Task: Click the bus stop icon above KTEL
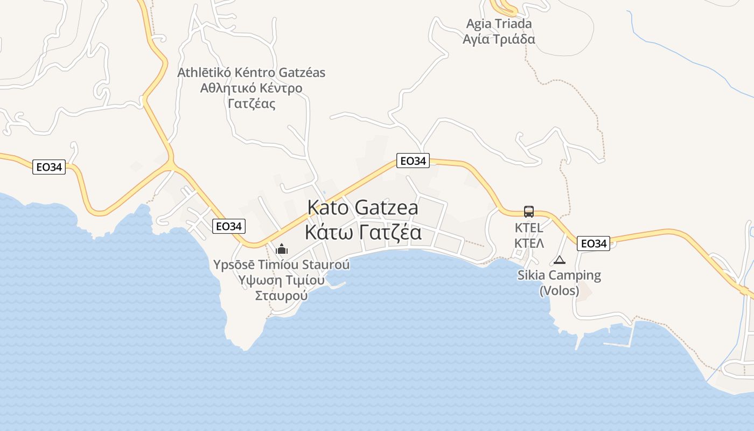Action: tap(528, 211)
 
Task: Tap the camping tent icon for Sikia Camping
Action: tap(560, 260)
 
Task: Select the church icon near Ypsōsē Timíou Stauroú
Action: tap(282, 249)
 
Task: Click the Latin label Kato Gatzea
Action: tap(362, 208)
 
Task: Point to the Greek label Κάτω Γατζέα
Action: tap(362, 233)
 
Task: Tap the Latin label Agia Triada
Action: tap(499, 24)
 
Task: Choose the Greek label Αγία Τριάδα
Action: tap(499, 39)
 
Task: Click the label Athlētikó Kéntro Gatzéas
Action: tap(252, 72)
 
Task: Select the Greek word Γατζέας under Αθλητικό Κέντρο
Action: tap(252, 103)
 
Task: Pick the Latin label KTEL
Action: tap(529, 227)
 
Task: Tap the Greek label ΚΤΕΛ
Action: tap(529, 244)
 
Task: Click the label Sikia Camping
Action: tap(559, 275)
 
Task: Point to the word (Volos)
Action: tap(559, 291)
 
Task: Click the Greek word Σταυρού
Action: tap(281, 295)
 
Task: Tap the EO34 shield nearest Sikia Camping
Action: tap(594, 244)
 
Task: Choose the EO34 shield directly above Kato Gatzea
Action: tap(413, 161)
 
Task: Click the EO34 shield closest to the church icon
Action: tap(228, 226)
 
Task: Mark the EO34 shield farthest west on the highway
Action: tap(48, 167)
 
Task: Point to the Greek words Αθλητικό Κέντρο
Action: tap(252, 88)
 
